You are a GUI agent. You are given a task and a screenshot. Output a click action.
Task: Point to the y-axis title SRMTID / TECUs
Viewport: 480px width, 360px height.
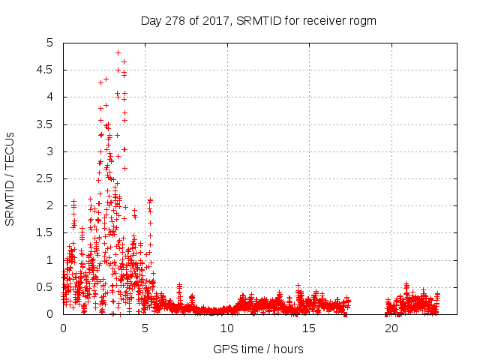pos(10,179)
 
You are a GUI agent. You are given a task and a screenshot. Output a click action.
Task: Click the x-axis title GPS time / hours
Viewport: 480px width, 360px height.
pos(258,349)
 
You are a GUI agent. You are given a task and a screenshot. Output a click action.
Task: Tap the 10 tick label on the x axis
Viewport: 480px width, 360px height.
pos(227,328)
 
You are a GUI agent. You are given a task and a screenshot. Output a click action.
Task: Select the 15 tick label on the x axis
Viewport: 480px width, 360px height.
pos(309,328)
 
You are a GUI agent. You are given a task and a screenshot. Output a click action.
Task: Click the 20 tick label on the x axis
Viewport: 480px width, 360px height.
pos(391,328)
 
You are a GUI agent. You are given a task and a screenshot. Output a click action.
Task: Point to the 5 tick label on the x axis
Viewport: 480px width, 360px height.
pos(145,328)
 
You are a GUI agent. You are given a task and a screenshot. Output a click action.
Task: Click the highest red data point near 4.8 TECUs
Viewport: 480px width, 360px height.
pos(118,52)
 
